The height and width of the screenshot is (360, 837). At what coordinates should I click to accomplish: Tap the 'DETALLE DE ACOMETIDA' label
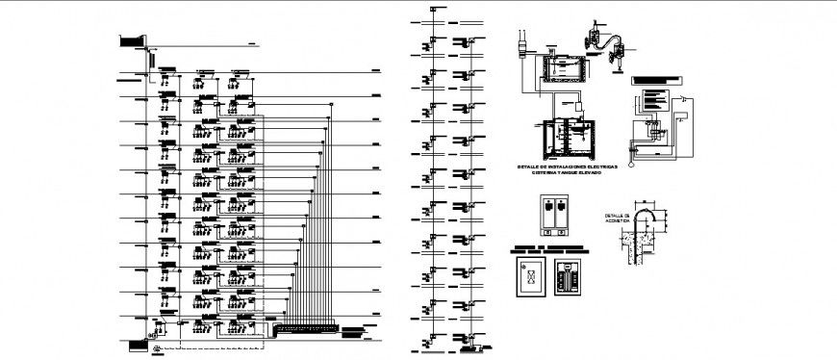click(x=617, y=218)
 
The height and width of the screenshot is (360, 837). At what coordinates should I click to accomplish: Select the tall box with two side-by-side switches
click(x=554, y=215)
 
